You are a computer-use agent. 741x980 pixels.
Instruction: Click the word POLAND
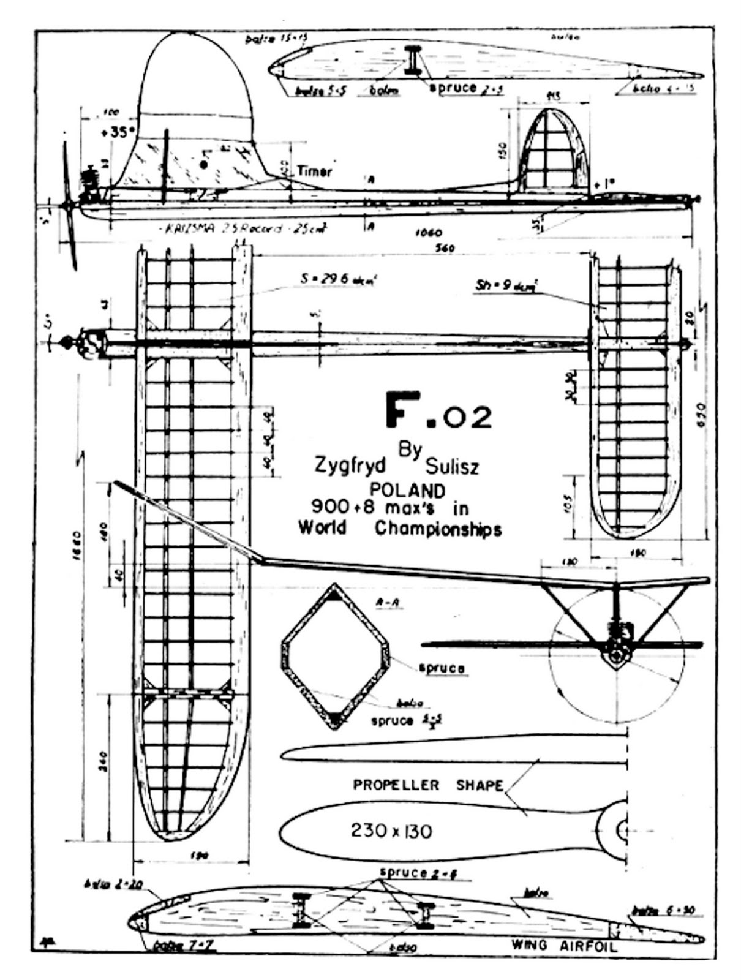[405, 490]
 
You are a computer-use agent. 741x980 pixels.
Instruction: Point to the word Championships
[438, 529]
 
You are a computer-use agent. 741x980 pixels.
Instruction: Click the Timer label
[314, 171]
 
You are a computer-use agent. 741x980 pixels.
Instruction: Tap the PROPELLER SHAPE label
[427, 785]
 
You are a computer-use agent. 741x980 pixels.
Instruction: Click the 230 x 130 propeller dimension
[391, 831]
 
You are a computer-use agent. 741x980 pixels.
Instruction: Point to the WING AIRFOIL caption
[564, 946]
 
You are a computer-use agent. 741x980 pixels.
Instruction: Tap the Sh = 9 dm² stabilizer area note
[505, 285]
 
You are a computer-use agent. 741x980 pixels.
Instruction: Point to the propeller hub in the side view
[67, 206]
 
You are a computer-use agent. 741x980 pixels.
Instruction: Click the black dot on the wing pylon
[204, 164]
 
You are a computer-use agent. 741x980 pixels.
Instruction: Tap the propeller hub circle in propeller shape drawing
[623, 831]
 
